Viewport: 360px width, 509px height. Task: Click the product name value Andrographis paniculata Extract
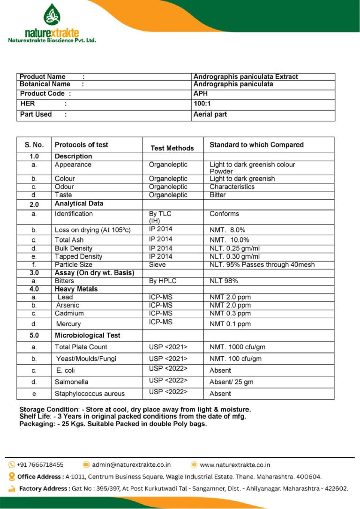(246, 76)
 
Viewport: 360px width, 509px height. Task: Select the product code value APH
(200, 93)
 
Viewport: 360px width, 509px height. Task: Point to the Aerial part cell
(210, 114)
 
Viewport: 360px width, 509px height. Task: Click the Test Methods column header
(172, 148)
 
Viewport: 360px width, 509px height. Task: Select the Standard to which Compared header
(256, 145)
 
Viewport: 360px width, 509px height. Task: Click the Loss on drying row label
(92, 230)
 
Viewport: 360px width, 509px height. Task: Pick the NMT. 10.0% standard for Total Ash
(227, 240)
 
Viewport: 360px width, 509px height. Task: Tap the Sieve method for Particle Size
(157, 264)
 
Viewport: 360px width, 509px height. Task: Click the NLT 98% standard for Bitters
(224, 281)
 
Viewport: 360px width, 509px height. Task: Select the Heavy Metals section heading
(76, 289)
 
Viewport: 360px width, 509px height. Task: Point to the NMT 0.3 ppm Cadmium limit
(230, 313)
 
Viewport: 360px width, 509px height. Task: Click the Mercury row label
(68, 324)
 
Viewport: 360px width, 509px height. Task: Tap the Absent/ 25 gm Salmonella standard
(231, 382)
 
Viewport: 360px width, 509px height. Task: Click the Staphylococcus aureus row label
(90, 394)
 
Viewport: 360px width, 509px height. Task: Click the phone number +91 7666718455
(40, 464)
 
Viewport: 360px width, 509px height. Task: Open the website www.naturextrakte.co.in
(235, 464)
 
